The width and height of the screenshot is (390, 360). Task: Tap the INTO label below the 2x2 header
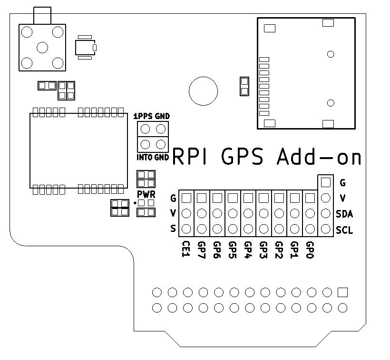point(145,157)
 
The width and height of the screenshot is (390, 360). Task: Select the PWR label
point(146,194)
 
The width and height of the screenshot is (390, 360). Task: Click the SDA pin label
point(344,214)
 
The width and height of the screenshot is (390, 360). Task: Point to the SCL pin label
point(344,230)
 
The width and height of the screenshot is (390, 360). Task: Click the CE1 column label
point(186,249)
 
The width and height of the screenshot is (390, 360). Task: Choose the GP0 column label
point(310,250)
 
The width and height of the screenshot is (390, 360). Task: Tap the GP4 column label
point(248,250)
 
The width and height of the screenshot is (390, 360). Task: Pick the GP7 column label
point(202,250)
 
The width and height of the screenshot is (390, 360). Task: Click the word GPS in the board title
point(242,157)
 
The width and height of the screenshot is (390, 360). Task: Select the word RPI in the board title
point(189,157)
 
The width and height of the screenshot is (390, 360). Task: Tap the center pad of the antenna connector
point(42,47)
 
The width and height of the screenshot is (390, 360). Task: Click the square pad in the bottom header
point(342,292)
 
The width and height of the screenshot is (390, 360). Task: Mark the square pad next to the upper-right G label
point(326,182)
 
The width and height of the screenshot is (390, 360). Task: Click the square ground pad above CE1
point(186,198)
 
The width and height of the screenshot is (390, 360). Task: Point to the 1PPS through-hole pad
point(145,129)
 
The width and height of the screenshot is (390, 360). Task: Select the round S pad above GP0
point(310,229)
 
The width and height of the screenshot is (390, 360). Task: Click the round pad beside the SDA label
point(326,213)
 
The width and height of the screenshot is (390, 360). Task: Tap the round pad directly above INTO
point(145,144)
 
